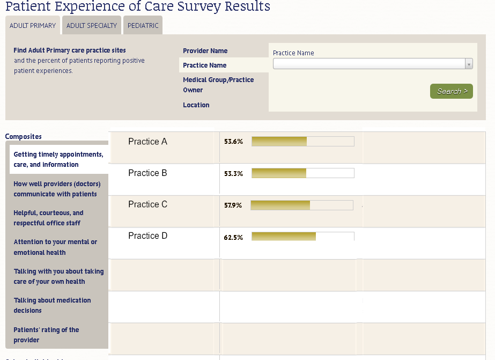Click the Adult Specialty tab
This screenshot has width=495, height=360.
click(92, 25)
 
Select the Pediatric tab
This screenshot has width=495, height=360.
click(143, 25)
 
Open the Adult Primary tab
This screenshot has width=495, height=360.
click(33, 25)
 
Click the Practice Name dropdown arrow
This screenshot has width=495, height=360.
click(469, 64)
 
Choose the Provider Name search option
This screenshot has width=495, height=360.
click(205, 51)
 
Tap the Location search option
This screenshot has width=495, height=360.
click(196, 105)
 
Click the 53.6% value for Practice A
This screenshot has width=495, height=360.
click(233, 142)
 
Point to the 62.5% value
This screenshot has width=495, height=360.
click(233, 237)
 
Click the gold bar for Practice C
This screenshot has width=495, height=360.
click(280, 205)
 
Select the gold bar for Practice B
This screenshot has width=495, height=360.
click(279, 173)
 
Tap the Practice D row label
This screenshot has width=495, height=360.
click(147, 236)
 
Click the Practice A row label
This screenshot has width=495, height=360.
click(147, 142)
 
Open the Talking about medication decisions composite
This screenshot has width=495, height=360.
click(52, 305)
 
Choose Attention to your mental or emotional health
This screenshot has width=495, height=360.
click(55, 247)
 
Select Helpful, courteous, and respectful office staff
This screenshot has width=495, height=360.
click(48, 218)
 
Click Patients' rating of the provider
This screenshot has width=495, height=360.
click(46, 335)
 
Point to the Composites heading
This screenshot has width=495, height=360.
click(23, 136)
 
